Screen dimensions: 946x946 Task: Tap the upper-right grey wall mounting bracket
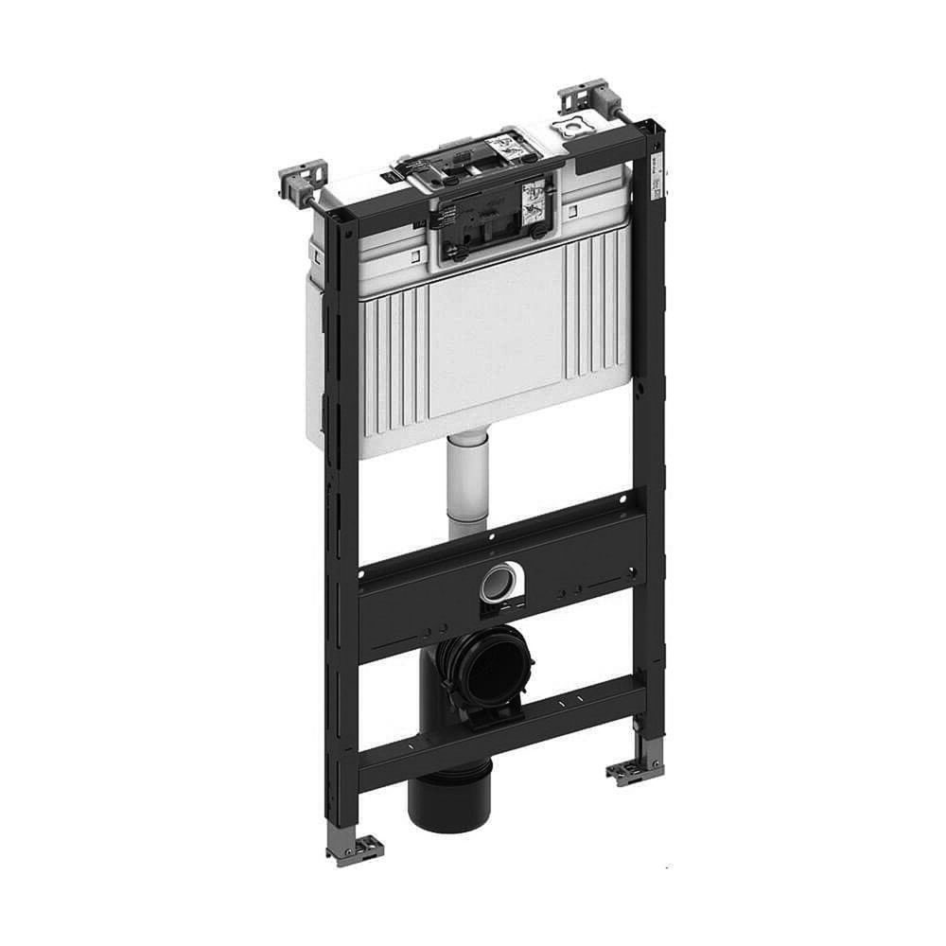tap(585, 99)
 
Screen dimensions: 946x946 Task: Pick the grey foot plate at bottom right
tap(627, 769)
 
